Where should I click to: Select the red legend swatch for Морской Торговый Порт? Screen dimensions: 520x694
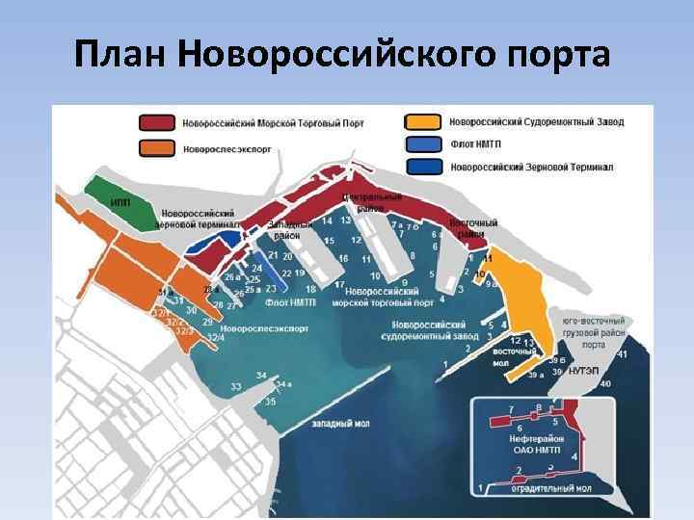(156, 123)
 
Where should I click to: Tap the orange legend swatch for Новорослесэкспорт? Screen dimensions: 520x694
(156, 147)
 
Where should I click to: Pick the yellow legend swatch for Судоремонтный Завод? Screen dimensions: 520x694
(425, 123)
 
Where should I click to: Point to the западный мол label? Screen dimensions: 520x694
(340, 423)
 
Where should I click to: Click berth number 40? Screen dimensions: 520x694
(605, 384)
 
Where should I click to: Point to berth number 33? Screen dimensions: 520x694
(236, 386)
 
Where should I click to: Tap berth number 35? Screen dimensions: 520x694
(271, 401)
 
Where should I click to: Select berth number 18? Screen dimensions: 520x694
(310, 289)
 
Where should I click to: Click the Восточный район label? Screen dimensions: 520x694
(476, 228)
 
